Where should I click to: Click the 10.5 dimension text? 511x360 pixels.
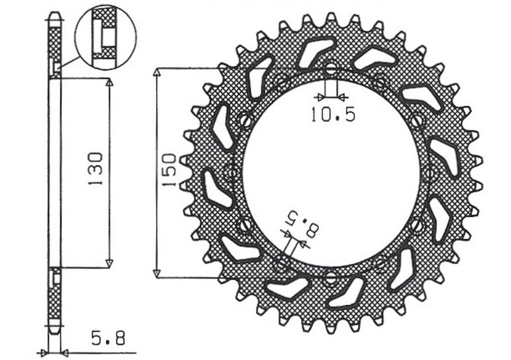[x=333, y=115]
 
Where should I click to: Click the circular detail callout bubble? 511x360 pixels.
[x=105, y=37]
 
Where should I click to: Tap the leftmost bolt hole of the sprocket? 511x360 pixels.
[x=231, y=173]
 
